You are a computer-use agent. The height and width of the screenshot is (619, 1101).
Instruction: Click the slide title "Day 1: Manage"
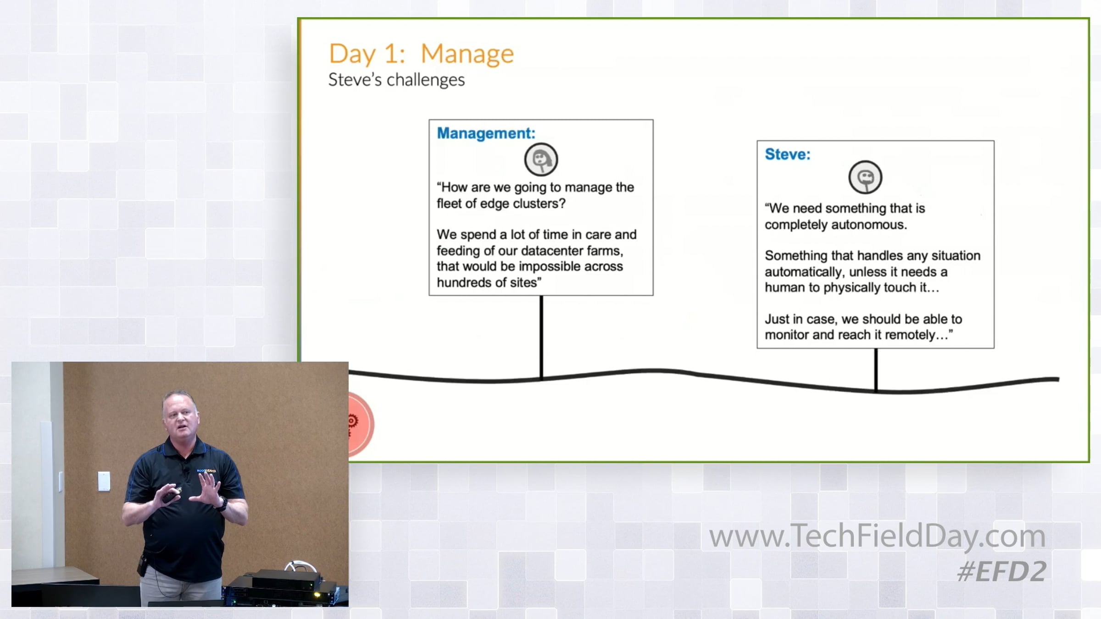[421, 54]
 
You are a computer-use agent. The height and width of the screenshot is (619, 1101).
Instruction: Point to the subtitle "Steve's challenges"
[396, 80]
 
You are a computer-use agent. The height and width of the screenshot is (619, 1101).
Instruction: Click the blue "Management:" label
[486, 133]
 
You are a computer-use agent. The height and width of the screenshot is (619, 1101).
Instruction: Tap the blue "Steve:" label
[787, 154]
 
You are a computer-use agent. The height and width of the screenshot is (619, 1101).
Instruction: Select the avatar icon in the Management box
[541, 160]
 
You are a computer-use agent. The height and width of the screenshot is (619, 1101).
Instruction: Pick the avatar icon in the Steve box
[865, 177]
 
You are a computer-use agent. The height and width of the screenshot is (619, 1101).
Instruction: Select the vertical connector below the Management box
[541, 337]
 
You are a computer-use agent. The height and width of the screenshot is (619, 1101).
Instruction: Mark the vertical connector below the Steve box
[876, 370]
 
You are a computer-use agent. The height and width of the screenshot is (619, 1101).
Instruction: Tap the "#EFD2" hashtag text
[1001, 572]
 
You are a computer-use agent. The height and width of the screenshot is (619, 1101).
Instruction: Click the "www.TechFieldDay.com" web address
[877, 536]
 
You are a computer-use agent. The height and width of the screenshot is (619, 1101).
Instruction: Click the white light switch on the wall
[104, 481]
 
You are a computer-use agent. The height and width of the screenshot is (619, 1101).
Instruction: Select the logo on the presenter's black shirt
[206, 471]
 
